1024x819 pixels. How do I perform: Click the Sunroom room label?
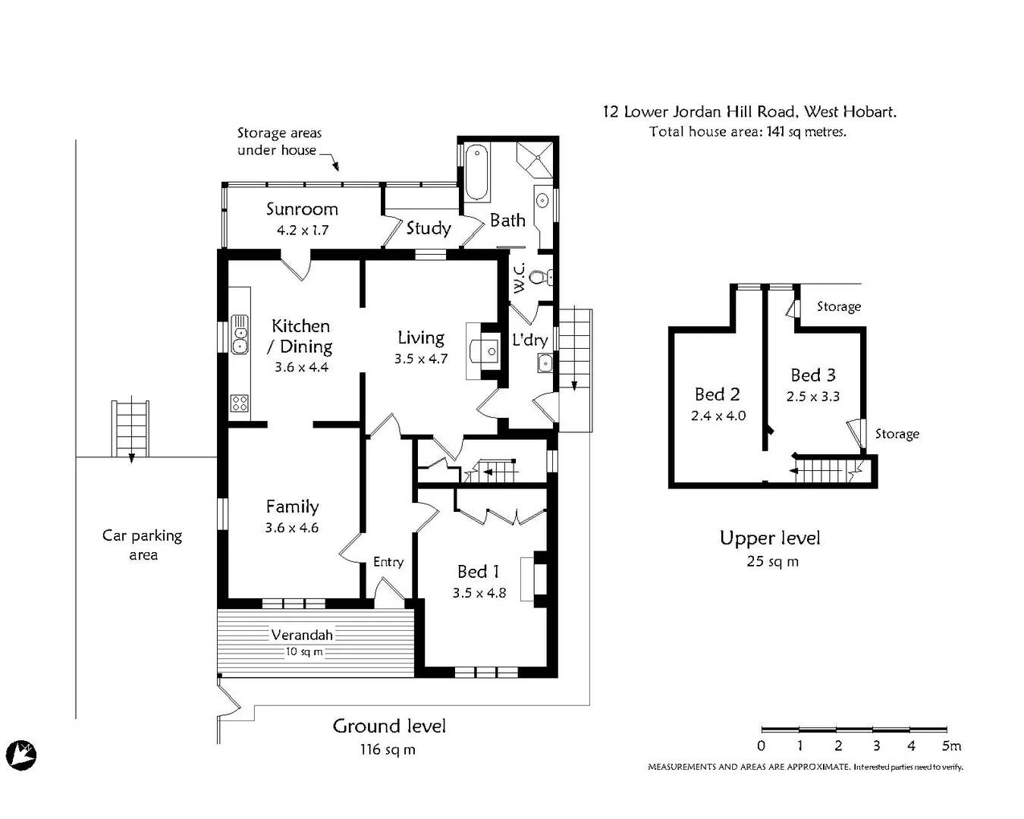click(x=302, y=209)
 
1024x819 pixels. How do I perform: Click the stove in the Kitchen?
click(x=240, y=403)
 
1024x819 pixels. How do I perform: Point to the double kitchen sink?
click(x=240, y=334)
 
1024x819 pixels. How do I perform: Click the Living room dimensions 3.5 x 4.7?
click(x=421, y=359)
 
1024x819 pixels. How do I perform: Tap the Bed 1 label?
click(x=478, y=572)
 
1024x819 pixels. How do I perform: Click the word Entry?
click(x=388, y=562)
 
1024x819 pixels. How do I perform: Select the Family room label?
click(x=292, y=507)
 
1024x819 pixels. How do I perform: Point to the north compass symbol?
click(x=23, y=755)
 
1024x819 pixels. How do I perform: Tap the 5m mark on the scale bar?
click(x=951, y=745)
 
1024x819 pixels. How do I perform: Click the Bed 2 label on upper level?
click(x=717, y=394)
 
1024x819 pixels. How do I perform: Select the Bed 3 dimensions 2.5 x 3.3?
click(x=813, y=397)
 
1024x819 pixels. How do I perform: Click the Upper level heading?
click(x=770, y=538)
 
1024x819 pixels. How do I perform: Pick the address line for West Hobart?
click(x=749, y=112)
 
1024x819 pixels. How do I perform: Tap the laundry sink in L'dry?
click(x=545, y=364)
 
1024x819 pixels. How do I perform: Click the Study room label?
click(x=429, y=228)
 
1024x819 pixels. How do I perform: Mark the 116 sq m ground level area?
click(x=388, y=750)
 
